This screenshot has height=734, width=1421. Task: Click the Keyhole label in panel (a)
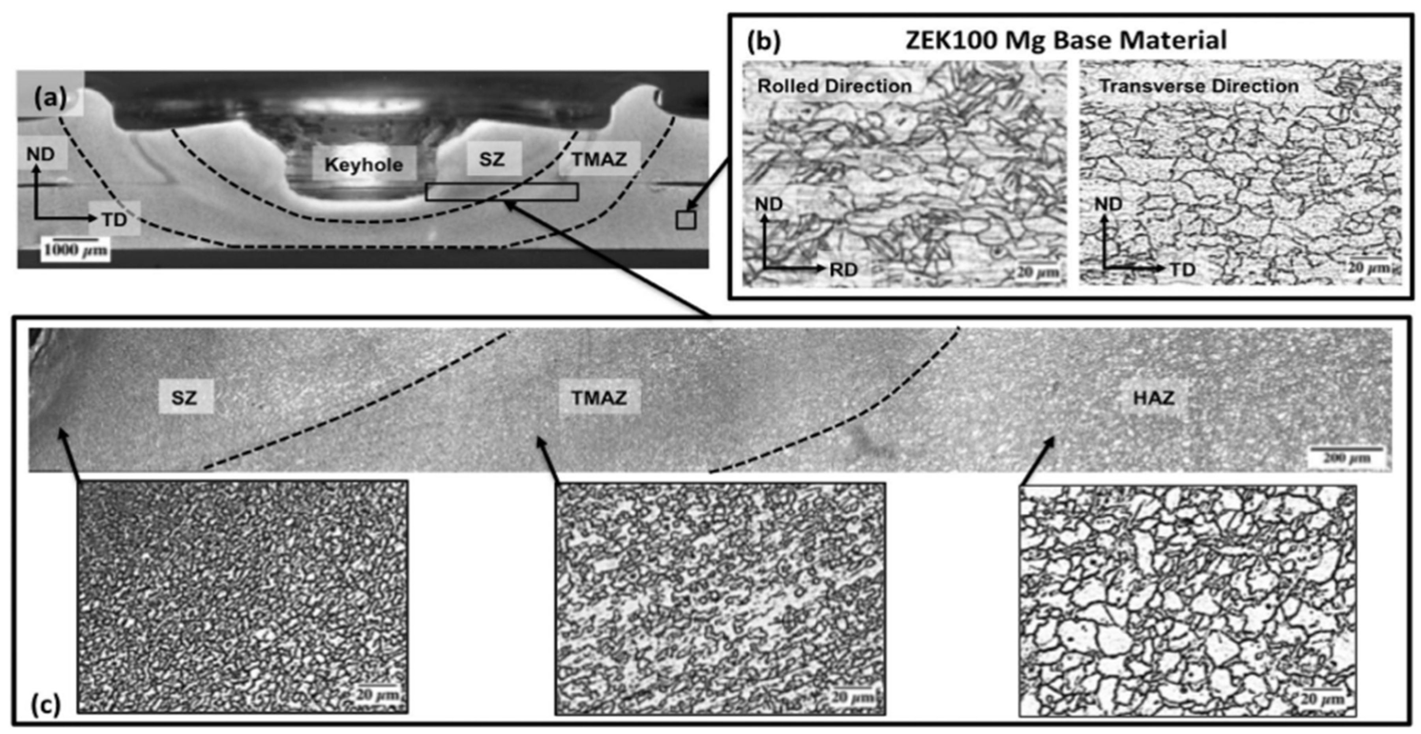pyautogui.click(x=364, y=164)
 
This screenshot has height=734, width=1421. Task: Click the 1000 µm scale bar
pyautogui.click(x=75, y=249)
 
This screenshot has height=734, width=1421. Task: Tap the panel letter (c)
pyautogui.click(x=46, y=704)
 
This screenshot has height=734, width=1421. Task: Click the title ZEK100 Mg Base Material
pyautogui.click(x=1066, y=40)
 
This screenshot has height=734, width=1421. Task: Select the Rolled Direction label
pyautogui.click(x=834, y=86)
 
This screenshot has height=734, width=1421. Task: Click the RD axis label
pyautogui.click(x=844, y=270)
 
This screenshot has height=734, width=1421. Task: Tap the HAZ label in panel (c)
pyautogui.click(x=1153, y=397)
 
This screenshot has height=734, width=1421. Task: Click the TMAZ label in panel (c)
pyautogui.click(x=599, y=397)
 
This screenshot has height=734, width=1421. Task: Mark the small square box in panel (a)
pyautogui.click(x=686, y=220)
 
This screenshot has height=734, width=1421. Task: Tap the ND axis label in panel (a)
pyautogui.click(x=40, y=154)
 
